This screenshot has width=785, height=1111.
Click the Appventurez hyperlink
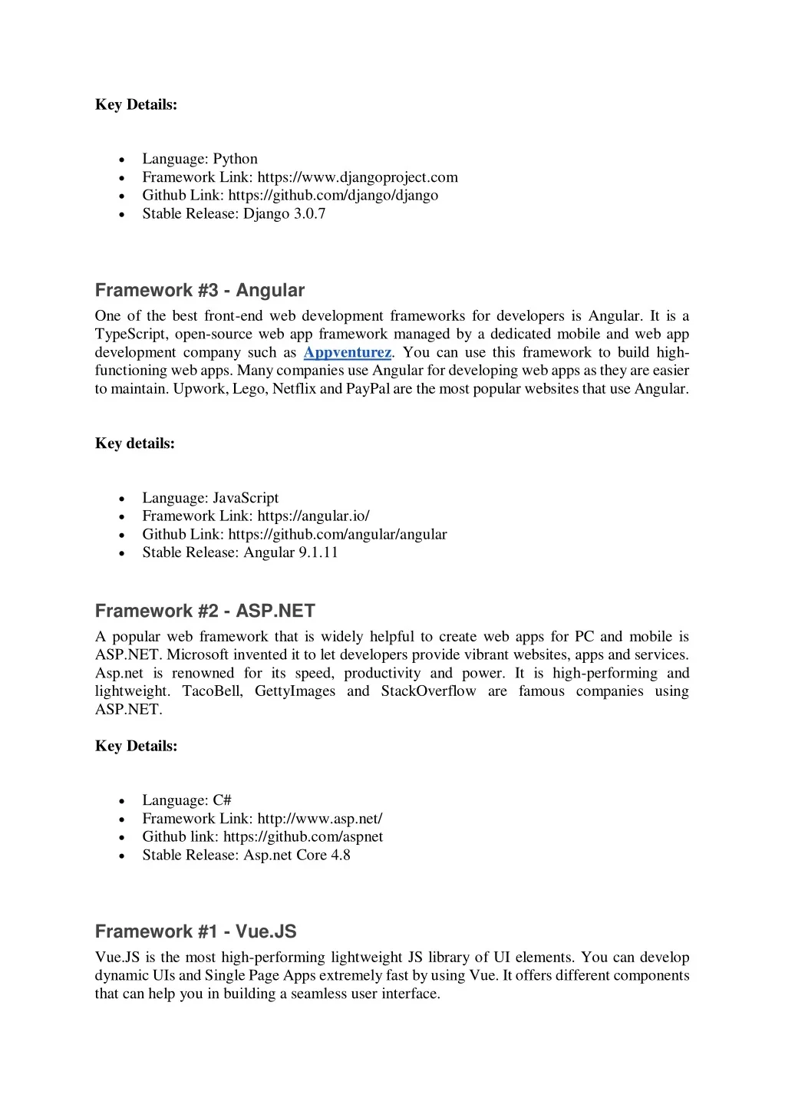347,353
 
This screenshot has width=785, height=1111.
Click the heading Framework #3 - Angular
200,291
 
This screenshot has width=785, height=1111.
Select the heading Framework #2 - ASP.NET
205,612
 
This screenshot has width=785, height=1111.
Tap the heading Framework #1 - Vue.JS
196,932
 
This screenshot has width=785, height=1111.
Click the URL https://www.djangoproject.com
358,177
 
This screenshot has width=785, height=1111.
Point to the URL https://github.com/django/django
333,196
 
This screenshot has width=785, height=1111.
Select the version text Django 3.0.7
285,214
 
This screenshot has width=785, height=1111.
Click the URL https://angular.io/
313,516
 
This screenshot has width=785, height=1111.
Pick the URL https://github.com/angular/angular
338,535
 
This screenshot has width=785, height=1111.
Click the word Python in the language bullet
235,159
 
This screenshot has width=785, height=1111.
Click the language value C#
222,800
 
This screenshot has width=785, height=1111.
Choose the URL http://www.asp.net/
319,819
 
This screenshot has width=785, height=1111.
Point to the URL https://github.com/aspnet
303,837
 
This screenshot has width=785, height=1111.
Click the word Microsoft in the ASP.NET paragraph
197,655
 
